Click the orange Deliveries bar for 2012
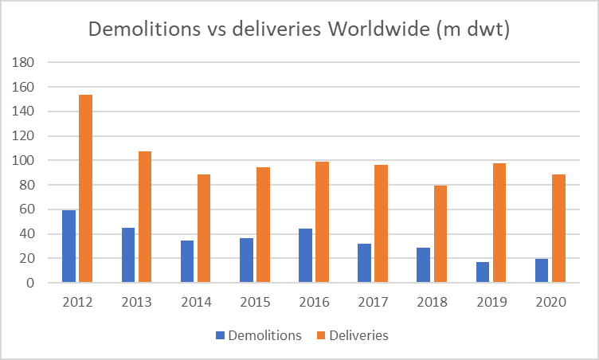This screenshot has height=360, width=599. [85, 189]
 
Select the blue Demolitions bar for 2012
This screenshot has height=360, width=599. [69, 246]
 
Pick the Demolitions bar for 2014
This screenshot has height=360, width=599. [187, 261]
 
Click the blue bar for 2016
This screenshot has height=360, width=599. [305, 256]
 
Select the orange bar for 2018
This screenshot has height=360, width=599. [440, 234]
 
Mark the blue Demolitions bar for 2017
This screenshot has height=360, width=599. [364, 263]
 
